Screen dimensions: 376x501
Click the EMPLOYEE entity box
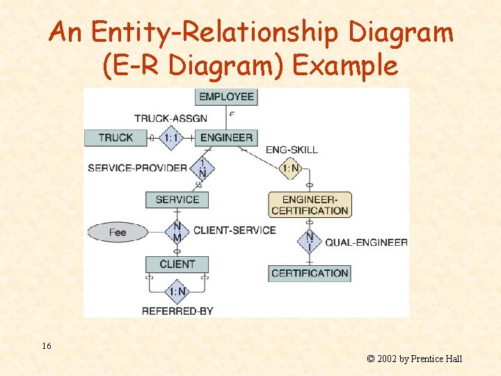225,97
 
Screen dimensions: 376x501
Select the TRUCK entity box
116,137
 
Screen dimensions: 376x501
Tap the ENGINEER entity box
226,137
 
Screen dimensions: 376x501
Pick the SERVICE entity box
177,199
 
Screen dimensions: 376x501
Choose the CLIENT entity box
177,264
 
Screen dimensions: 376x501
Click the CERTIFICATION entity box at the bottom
310,273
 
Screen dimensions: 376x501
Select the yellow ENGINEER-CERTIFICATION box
310,205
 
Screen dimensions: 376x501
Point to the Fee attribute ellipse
118,232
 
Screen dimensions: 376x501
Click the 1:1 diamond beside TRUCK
172,137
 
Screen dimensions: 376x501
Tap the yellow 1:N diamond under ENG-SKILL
291,168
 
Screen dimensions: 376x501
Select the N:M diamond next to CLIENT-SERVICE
177,232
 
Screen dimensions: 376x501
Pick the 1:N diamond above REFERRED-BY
177,291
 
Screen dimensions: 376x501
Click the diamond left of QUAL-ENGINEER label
310,242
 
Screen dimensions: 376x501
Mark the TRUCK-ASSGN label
170,118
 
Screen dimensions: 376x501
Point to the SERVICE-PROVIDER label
137,168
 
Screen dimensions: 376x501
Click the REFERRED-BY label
177,311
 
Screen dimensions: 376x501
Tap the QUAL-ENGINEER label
366,242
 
